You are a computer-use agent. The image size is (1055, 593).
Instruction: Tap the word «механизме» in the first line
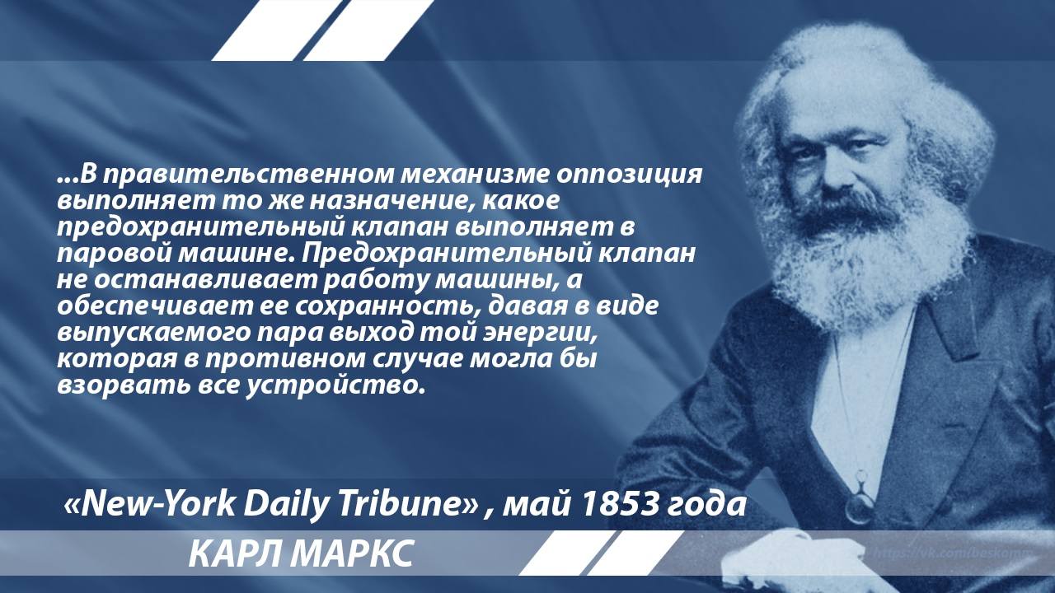(476, 174)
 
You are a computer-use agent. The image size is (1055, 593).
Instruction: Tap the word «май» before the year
(537, 505)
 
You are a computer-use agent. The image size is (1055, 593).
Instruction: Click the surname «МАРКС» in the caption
(351, 554)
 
